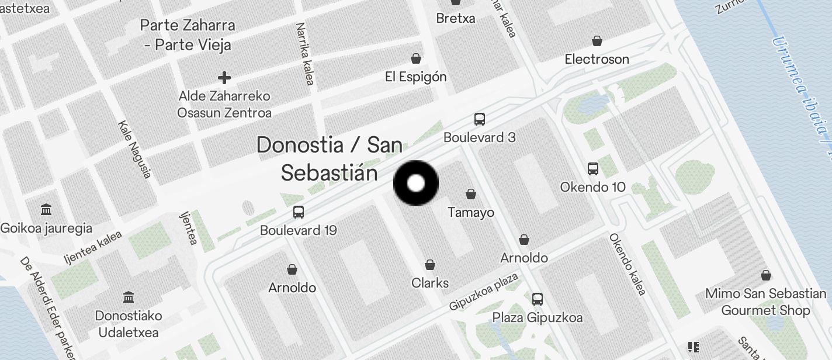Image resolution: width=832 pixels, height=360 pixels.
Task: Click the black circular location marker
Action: pyautogui.click(x=415, y=184)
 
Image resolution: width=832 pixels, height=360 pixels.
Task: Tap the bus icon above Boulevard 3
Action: pyautogui.click(x=480, y=119)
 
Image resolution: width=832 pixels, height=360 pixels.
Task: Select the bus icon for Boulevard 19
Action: pyautogui.click(x=299, y=212)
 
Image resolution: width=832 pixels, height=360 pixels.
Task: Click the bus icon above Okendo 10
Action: pyautogui.click(x=593, y=169)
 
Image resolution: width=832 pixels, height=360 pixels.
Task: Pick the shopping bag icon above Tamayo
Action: pyautogui.click(x=471, y=194)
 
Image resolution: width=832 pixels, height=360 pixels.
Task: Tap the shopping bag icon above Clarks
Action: pyautogui.click(x=430, y=265)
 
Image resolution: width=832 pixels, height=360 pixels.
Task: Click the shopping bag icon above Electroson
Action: pyautogui.click(x=597, y=41)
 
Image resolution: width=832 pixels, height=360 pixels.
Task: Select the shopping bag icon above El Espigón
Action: pyautogui.click(x=416, y=58)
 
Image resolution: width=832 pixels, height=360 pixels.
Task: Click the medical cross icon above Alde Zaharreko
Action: pyautogui.click(x=224, y=77)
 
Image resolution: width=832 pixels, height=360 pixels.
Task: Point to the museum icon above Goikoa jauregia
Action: pyautogui.click(x=46, y=210)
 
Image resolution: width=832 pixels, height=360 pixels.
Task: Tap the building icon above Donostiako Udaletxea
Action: pyautogui.click(x=128, y=297)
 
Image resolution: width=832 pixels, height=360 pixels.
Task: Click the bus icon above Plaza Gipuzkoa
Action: pyautogui.click(x=538, y=299)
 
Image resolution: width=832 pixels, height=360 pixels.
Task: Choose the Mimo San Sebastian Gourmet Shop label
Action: pyautogui.click(x=765, y=302)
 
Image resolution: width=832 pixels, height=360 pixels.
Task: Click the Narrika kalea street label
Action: pyautogui.click(x=306, y=54)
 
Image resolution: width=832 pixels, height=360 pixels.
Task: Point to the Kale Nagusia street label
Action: pyautogui.click(x=135, y=149)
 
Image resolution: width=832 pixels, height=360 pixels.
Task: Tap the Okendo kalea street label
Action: pyautogui.click(x=628, y=264)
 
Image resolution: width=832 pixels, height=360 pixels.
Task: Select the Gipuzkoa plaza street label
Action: pyautogui.click(x=484, y=291)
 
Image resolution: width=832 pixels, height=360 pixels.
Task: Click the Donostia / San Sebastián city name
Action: pyautogui.click(x=329, y=158)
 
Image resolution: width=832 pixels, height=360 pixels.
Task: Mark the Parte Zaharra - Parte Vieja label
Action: pyautogui.click(x=188, y=35)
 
